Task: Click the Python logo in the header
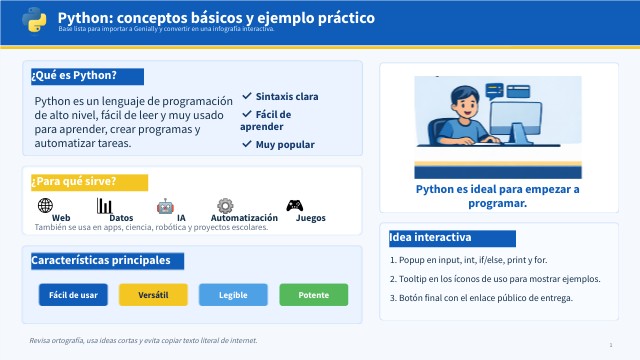(x=34, y=20)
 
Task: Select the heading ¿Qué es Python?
(x=74, y=76)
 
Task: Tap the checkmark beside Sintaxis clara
(x=247, y=96)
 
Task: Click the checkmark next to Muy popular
(x=247, y=144)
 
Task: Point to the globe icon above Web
(x=45, y=205)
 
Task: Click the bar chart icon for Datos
(x=104, y=206)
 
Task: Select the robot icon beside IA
(x=165, y=207)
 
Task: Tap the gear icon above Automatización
(x=225, y=206)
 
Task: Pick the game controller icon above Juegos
(x=294, y=205)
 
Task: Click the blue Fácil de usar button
(x=73, y=295)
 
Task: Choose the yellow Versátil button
(x=153, y=295)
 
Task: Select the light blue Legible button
(x=233, y=295)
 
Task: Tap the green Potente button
(x=314, y=295)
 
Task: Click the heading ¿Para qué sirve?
(x=74, y=181)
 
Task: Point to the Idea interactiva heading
(x=430, y=237)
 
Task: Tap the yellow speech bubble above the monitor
(x=495, y=91)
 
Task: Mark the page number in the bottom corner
(x=611, y=345)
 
